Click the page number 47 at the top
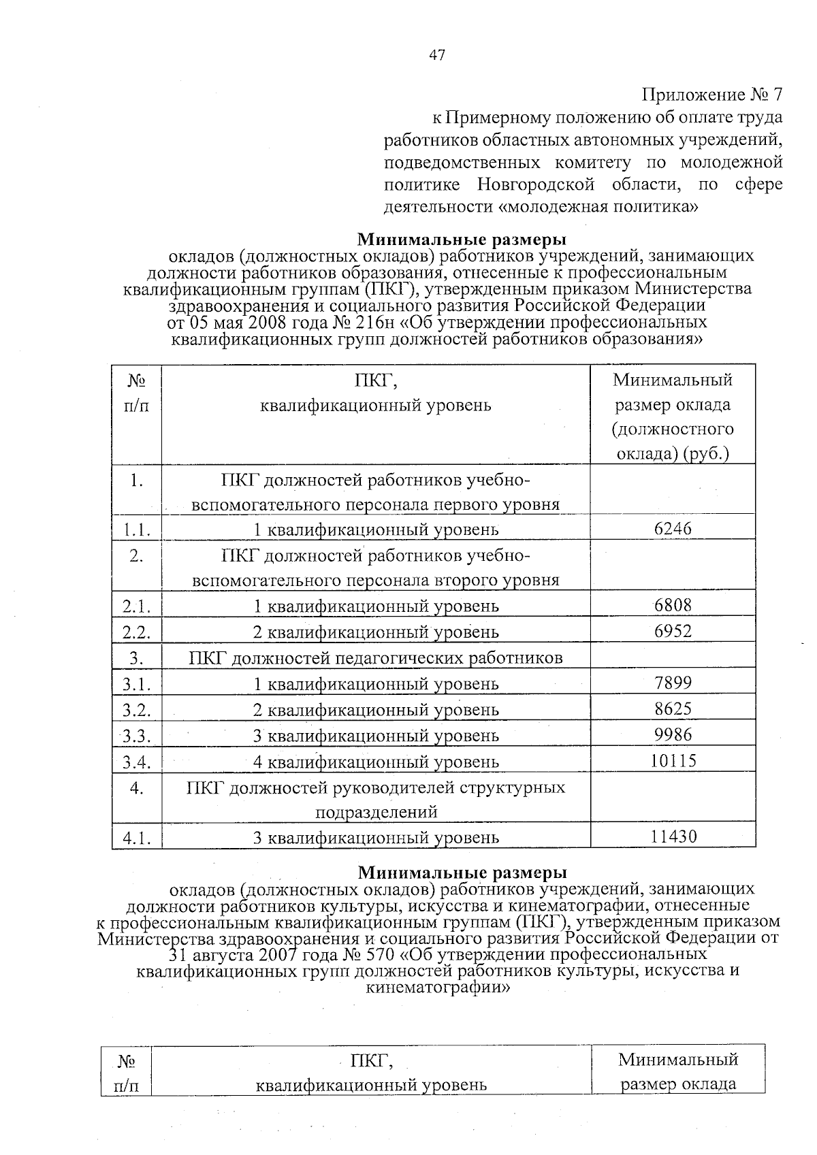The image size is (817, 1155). click(436, 56)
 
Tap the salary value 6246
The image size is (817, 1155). click(673, 528)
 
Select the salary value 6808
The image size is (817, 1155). click(673, 604)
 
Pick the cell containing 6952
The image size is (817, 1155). click(673, 630)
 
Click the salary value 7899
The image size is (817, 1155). click(673, 682)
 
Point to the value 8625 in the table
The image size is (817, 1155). click(673, 708)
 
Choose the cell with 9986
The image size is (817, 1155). click(673, 734)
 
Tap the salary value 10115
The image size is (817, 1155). click(673, 760)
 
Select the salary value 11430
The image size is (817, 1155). click(673, 836)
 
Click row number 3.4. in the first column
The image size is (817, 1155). click(136, 762)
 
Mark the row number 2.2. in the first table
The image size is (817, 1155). click(136, 632)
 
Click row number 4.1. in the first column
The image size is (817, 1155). click(136, 838)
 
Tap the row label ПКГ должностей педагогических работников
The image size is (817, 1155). click(375, 657)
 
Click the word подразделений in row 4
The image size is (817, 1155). click(375, 812)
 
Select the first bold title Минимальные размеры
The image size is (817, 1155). click(462, 240)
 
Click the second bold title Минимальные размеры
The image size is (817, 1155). click(462, 872)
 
